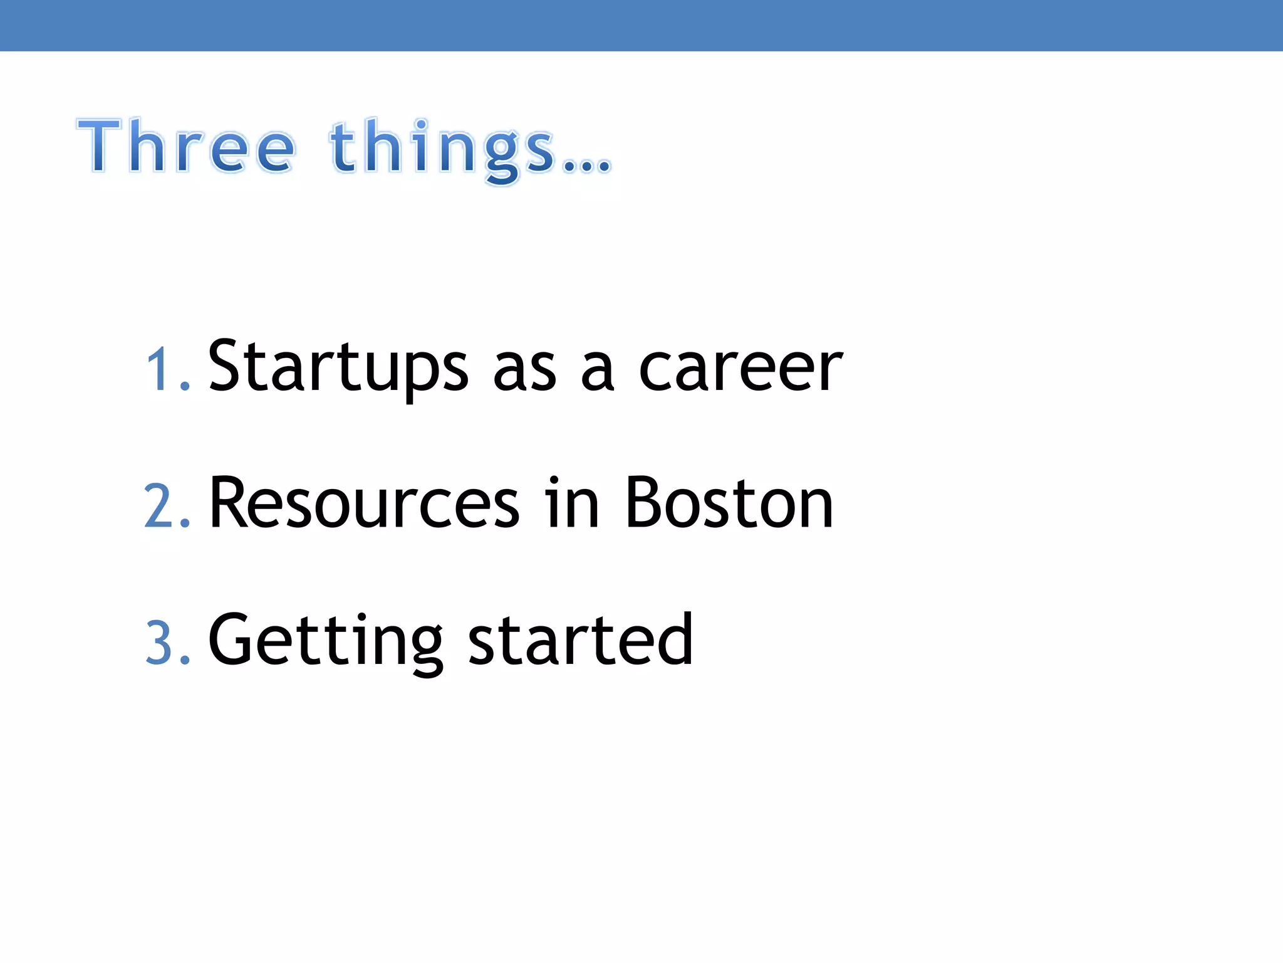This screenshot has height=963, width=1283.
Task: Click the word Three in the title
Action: [x=186, y=145]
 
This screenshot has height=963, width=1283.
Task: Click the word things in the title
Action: [x=442, y=148]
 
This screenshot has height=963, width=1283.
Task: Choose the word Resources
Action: [x=364, y=503]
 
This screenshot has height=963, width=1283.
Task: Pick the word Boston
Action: [x=729, y=503]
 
